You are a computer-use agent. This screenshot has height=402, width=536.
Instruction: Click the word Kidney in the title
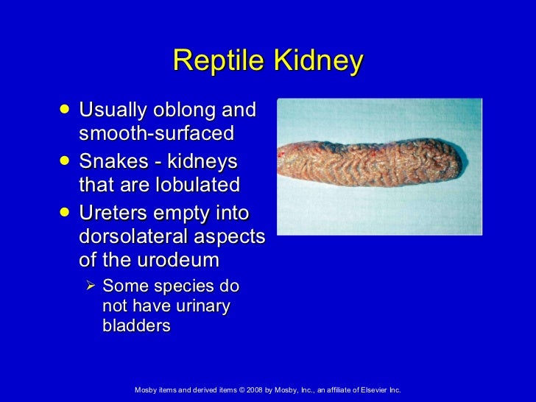point(318,62)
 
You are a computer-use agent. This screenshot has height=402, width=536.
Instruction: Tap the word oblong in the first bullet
point(180,112)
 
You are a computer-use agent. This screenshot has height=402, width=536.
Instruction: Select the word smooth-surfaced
point(155,134)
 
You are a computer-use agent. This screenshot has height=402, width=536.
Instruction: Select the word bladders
point(136,325)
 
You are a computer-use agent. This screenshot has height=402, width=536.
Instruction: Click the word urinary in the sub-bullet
point(202,305)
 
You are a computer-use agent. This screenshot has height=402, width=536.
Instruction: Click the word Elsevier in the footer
point(373,389)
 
